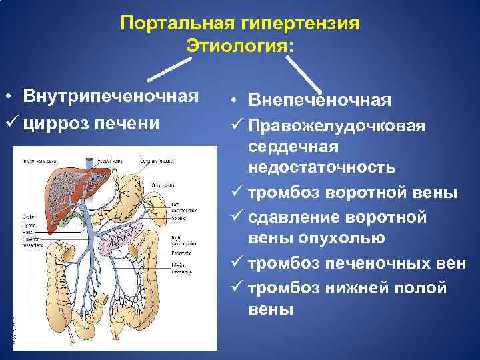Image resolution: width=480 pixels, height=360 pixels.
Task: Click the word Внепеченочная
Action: pos(319,101)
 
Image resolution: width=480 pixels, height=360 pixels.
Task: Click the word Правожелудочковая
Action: pos(336,126)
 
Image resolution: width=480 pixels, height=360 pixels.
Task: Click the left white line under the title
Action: pos(164,69)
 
